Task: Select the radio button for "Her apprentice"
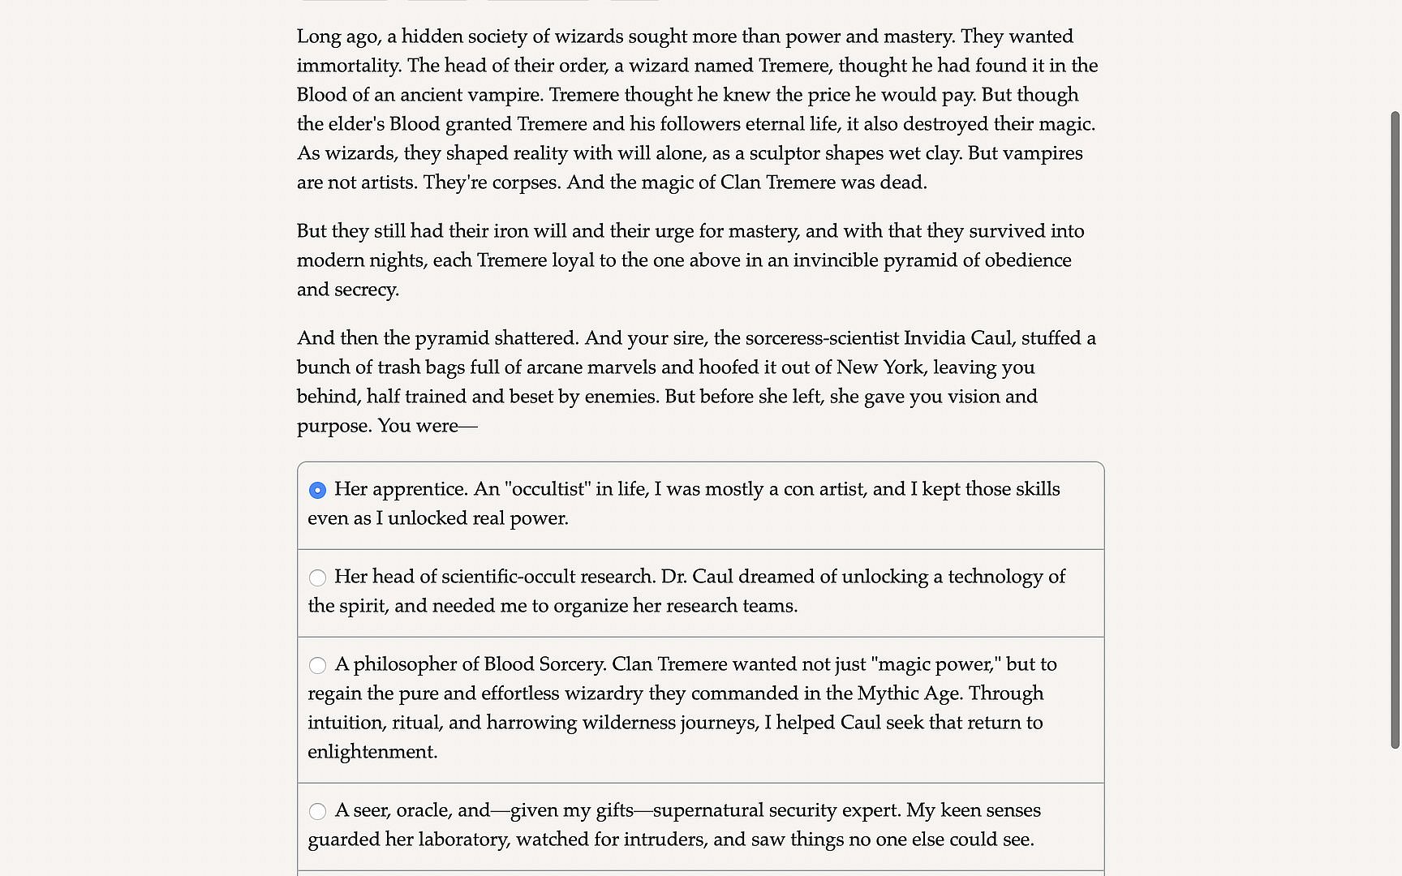317,490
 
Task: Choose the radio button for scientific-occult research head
317,578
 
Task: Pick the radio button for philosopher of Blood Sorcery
317,665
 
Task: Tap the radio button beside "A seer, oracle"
317,811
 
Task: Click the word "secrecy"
366,290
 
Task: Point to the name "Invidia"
934,338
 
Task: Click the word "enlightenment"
372,752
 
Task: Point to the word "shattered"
535,338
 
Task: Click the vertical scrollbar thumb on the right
1395,430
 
